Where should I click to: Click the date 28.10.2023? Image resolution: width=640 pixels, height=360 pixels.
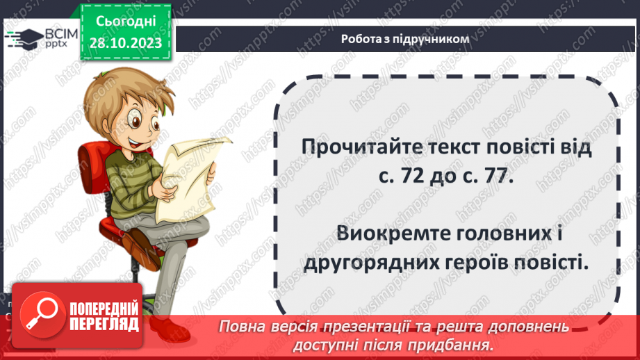coord(125,43)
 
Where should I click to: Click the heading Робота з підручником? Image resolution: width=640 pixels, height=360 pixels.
coord(405,39)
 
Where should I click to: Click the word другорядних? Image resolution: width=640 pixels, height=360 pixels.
coord(380,262)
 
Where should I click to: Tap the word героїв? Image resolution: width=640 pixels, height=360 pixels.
coord(494,262)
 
